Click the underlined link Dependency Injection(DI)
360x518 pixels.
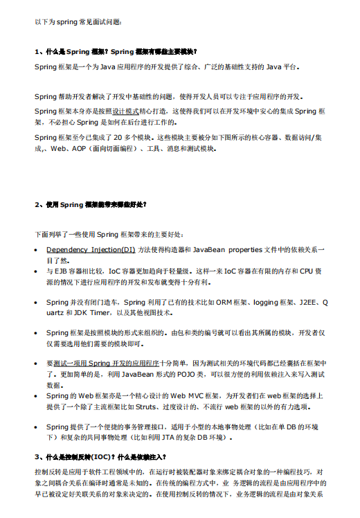pos(91,249)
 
